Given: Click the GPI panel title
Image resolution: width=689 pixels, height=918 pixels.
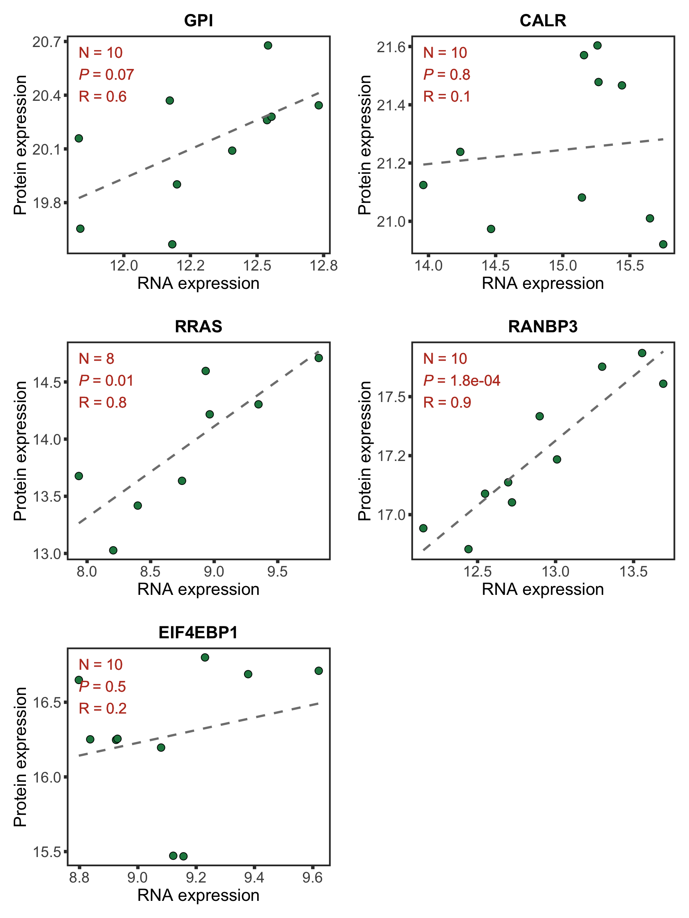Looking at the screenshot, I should [x=199, y=20].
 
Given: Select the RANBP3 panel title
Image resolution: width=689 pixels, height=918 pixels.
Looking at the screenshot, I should [x=542, y=327].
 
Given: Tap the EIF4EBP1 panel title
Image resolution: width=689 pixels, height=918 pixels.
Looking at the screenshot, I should [x=199, y=632].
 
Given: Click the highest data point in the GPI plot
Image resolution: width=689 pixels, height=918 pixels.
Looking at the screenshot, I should [x=268, y=45].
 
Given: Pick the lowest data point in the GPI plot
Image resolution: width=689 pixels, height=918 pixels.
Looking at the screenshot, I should [x=172, y=244].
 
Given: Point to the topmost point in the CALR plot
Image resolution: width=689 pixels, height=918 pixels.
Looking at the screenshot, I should [x=597, y=45].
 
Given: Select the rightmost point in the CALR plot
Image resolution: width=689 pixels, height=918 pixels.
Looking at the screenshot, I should [x=663, y=244].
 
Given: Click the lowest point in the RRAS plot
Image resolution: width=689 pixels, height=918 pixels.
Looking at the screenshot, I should [x=113, y=550].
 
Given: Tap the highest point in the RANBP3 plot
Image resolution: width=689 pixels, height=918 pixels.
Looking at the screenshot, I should [x=642, y=353].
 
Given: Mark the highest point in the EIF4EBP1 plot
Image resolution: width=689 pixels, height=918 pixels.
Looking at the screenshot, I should [x=205, y=657].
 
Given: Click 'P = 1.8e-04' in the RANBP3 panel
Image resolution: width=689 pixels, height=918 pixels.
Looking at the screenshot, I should [x=461, y=381].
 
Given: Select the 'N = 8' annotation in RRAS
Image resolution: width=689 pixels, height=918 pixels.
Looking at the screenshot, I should [x=96, y=359].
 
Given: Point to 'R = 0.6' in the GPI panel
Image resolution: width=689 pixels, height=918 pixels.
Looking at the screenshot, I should [x=102, y=97].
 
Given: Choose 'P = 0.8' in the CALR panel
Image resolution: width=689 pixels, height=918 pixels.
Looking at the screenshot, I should [x=447, y=75].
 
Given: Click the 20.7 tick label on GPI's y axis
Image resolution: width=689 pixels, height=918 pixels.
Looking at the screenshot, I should [x=46, y=41].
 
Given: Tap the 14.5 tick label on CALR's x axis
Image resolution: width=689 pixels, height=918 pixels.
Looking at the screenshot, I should [x=495, y=266].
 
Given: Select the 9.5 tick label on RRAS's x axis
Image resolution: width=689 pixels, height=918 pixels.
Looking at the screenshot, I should [x=278, y=572].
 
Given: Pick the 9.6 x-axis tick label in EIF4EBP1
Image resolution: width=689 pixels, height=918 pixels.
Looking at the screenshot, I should [x=312, y=878].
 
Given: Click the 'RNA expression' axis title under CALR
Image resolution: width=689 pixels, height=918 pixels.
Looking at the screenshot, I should [x=542, y=283].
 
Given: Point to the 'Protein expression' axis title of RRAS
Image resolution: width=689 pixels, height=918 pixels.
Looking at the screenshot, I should [x=20, y=451].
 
